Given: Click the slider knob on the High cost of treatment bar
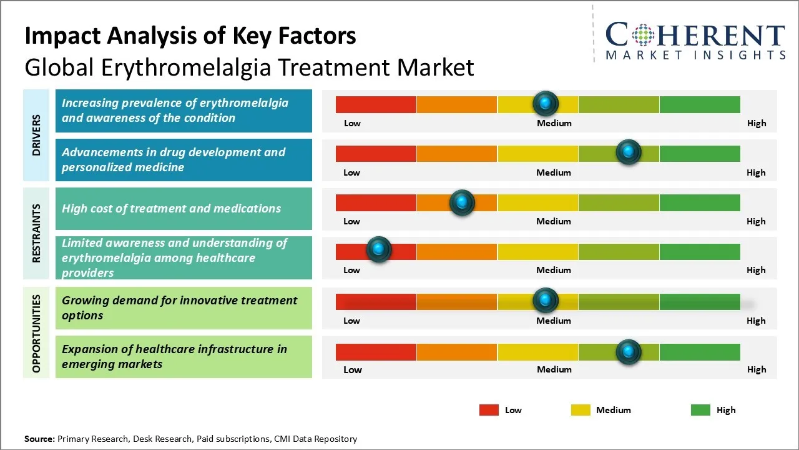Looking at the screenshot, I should tap(462, 202).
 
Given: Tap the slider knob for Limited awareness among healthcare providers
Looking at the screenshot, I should tap(378, 249).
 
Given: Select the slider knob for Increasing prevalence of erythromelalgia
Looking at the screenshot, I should tap(546, 103).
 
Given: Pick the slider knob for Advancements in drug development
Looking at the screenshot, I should tap(628, 152).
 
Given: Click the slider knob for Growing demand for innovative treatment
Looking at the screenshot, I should tap(546, 301).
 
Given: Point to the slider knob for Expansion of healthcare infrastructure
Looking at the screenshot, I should tap(628, 351).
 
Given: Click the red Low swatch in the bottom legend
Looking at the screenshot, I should tap(489, 410).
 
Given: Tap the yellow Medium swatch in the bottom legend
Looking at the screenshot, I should tap(581, 410).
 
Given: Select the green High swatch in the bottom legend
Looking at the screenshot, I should tap(700, 410).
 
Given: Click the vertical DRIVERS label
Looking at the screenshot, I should tap(36, 135).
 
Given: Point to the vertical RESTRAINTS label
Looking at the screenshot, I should tap(36, 233).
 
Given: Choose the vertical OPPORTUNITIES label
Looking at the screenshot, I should tap(36, 334).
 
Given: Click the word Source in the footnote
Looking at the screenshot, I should tap(39, 439).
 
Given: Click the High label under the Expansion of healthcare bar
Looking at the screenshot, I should tap(756, 369).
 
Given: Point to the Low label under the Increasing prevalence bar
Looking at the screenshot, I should tap(352, 123).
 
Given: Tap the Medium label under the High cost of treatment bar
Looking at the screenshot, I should tap(553, 221).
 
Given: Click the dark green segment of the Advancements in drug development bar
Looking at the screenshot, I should tap(699, 154).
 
